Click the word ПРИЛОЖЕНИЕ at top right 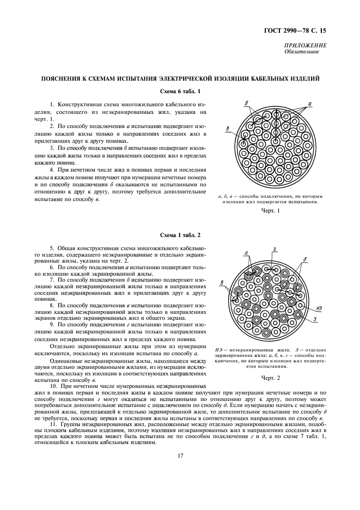[305, 46]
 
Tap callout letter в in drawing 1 [227, 130]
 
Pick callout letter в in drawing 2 [222, 282]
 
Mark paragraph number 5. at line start [52, 247]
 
